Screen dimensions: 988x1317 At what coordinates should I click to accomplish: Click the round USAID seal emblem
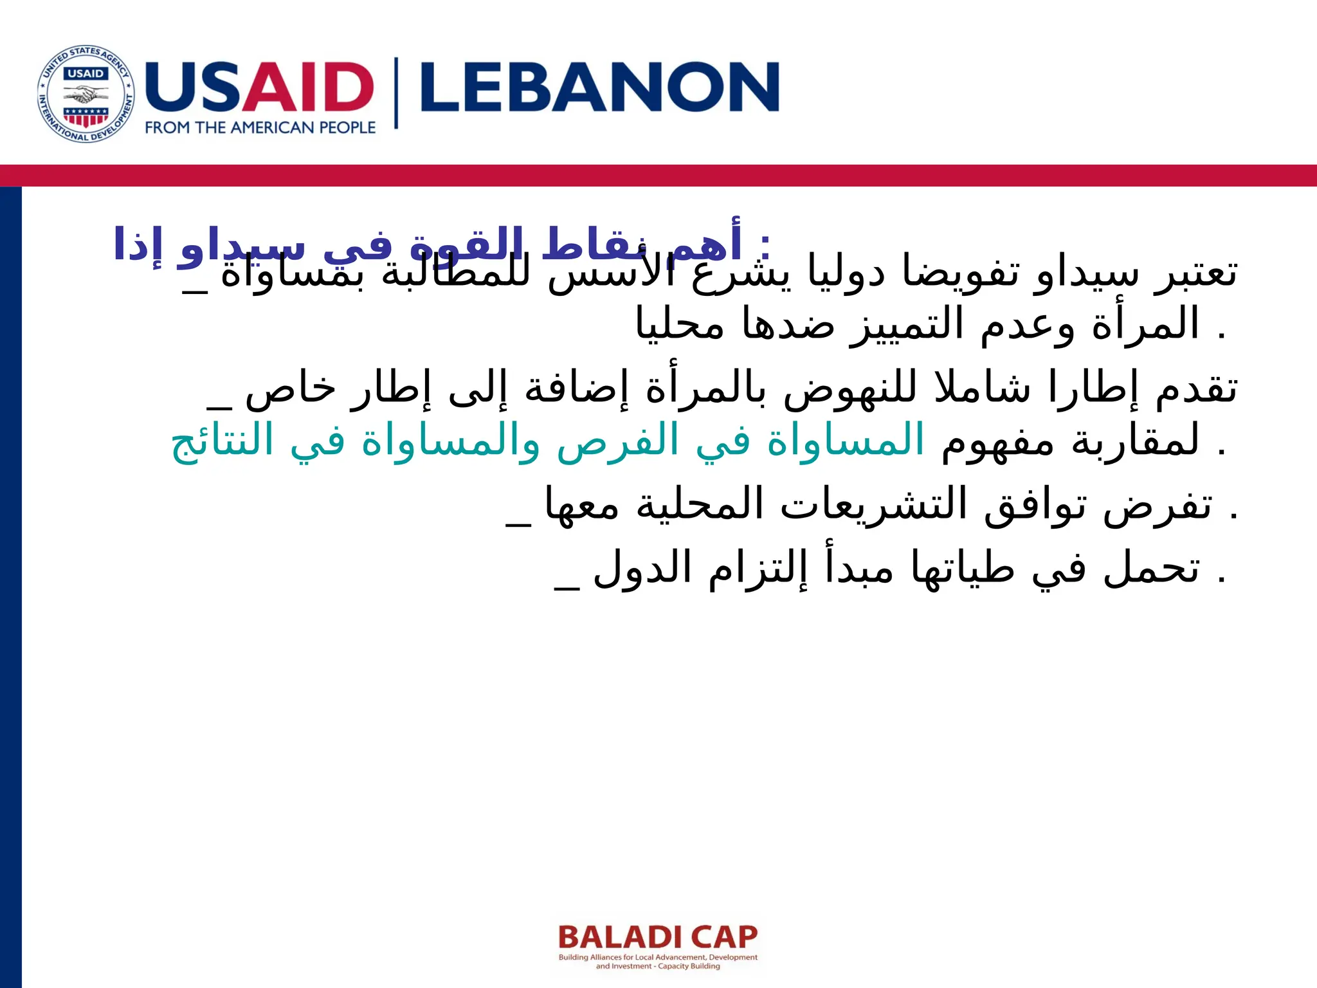point(86,95)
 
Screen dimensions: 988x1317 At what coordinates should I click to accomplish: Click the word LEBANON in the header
point(599,87)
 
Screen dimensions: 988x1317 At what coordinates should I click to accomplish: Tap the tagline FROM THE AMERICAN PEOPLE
point(260,128)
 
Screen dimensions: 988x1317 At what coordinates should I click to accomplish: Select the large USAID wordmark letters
point(260,86)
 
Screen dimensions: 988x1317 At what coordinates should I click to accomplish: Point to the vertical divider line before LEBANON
point(396,93)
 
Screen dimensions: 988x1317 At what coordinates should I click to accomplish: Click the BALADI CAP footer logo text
point(658,937)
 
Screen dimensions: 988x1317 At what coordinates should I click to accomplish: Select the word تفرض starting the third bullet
point(1158,505)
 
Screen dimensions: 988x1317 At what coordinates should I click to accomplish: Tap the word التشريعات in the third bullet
point(874,505)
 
